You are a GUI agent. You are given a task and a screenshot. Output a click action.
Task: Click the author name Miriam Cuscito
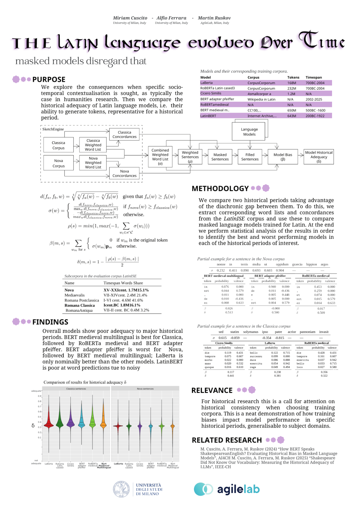130,18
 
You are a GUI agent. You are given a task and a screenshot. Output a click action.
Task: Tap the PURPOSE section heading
49,79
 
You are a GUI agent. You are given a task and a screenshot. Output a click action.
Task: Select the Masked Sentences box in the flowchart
220,157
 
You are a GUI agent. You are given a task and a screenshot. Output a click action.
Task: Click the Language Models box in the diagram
249,132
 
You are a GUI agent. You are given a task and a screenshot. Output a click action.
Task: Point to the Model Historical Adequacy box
319,157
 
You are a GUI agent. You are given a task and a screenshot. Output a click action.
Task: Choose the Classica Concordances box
124,135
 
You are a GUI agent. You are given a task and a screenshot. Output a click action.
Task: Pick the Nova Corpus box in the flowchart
59,163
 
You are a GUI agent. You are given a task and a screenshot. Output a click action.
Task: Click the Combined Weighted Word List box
160,157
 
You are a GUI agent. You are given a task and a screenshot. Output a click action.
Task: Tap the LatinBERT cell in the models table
208,116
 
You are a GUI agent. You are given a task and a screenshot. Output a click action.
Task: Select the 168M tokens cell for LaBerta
292,83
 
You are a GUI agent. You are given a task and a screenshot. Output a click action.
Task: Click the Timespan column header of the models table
314,77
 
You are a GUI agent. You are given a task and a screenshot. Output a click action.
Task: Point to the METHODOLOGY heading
220,188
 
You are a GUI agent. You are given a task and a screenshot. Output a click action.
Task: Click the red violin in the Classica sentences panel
49,424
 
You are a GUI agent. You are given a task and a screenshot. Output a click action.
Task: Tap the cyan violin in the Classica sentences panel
82,423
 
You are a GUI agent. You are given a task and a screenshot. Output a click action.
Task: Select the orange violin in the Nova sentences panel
173,427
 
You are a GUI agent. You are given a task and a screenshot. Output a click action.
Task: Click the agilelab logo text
238,489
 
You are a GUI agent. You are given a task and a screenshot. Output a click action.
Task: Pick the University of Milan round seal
121,489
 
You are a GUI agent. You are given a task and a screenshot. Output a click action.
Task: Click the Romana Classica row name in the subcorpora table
80,305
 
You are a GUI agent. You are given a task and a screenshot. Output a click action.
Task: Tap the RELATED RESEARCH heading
227,440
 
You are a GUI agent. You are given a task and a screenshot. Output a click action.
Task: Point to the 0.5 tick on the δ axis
40,417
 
